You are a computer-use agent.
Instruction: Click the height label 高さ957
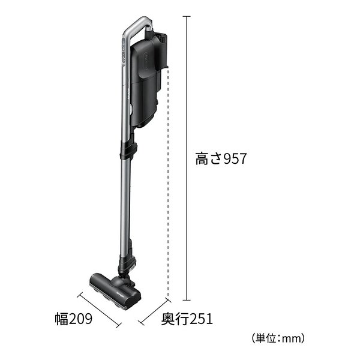click(221, 158)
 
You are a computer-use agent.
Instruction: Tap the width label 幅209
click(74, 319)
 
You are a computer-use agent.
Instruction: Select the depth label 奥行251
click(187, 319)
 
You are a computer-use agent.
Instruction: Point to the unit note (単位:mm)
click(278, 338)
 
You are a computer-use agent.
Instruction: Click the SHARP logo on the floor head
click(119, 294)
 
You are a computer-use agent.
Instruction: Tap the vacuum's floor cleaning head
click(115, 290)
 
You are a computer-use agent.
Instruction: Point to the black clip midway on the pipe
click(128, 151)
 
